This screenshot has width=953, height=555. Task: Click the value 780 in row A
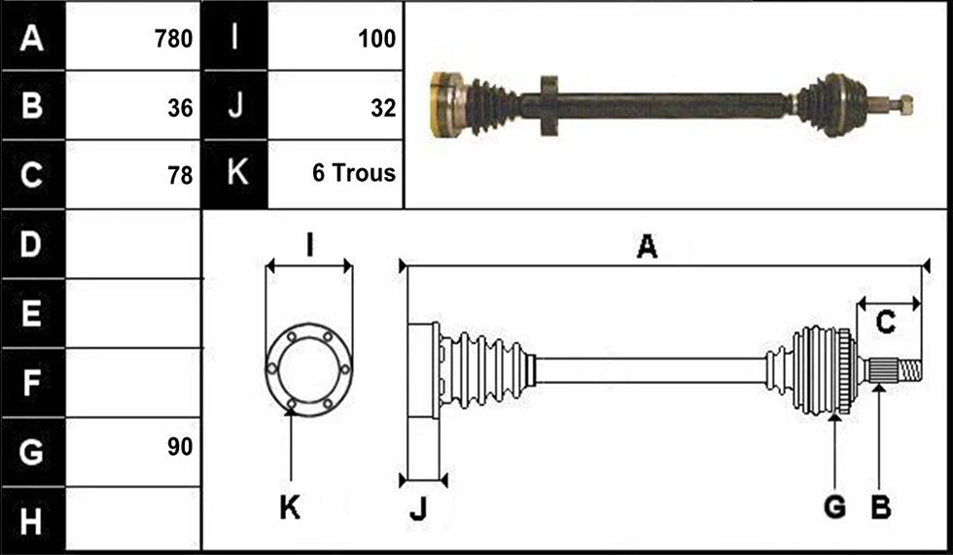(173, 39)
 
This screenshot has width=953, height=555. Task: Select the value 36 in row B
(180, 108)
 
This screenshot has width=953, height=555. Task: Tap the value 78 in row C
(180, 176)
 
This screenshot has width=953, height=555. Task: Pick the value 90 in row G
(180, 447)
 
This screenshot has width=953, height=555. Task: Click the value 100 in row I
(377, 39)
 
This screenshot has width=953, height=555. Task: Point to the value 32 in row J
(383, 108)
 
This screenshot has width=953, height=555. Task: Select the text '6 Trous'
(354, 174)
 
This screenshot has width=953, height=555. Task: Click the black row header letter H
(31, 522)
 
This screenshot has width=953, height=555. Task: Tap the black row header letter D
(31, 244)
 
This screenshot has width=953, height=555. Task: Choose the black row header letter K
(237, 172)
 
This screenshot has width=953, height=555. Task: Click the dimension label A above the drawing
(648, 247)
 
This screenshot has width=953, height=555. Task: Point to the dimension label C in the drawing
(886, 321)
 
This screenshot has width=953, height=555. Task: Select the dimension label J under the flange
(418, 508)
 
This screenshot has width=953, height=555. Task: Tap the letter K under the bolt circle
(290, 507)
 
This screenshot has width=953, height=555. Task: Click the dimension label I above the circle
(309, 246)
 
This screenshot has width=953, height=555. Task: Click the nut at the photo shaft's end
(905, 106)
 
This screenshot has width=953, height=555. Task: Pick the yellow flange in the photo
(445, 104)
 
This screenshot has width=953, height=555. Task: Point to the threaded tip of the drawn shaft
(910, 370)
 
